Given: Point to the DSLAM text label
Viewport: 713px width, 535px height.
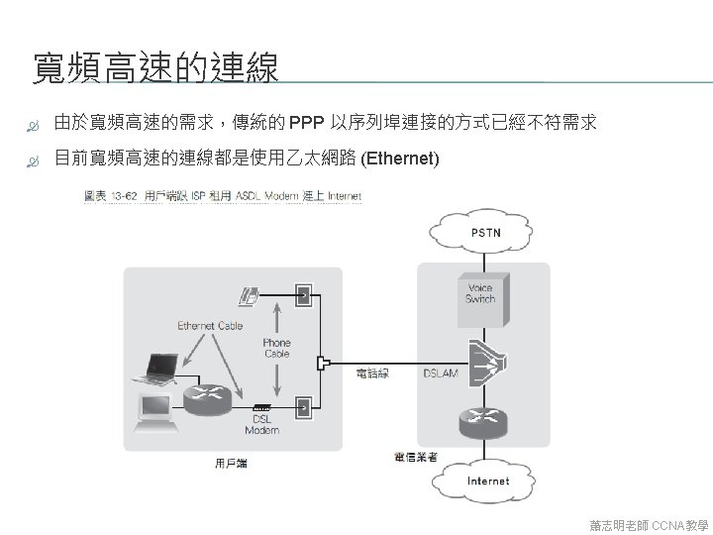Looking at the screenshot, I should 440,374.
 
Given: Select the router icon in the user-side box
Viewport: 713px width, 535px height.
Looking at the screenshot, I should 206,395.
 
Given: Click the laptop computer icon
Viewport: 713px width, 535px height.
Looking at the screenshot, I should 156,368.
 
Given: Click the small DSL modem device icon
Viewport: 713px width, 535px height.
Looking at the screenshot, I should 261,407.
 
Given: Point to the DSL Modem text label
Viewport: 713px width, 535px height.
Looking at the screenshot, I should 261,424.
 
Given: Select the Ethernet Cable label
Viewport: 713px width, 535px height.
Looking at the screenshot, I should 209,326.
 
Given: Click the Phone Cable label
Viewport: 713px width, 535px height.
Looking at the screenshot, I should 276,348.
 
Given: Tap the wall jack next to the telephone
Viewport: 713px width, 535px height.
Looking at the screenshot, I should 304,294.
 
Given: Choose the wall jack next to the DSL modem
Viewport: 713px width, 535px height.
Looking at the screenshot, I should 304,405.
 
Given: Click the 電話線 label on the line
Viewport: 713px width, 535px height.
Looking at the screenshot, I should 372,374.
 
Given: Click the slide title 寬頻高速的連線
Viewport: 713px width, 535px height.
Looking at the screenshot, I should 155,68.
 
